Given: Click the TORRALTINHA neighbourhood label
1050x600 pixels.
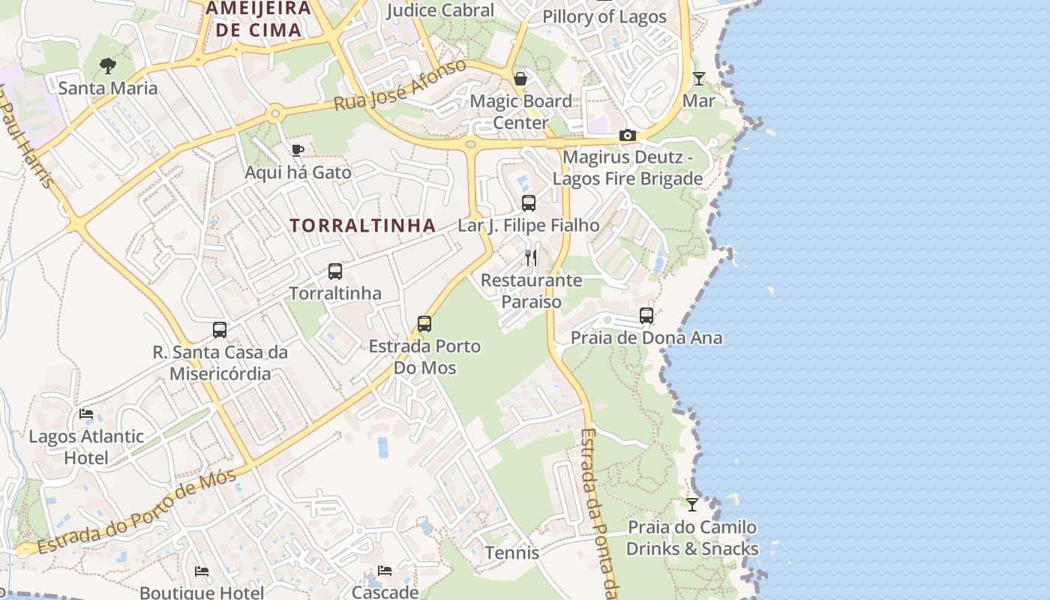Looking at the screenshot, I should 363,225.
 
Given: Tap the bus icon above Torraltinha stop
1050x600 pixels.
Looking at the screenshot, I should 335,271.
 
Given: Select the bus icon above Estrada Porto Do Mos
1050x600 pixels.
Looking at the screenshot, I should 424,324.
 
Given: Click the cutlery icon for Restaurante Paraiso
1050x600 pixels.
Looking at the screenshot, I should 531,258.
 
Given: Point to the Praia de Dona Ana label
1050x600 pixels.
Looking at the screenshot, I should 646,337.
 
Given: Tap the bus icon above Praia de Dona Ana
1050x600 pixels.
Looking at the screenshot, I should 646,316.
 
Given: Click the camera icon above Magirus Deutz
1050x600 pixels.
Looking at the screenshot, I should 628,136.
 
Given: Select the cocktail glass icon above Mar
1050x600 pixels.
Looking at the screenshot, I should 699,78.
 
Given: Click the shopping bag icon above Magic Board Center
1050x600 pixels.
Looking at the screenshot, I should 520,79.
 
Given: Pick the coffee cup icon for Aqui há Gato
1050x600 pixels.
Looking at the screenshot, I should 298,150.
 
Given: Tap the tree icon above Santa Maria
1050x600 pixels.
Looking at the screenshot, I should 108,66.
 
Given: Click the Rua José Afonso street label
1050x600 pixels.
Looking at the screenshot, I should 400,85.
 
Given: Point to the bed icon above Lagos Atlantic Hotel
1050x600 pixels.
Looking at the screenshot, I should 86,414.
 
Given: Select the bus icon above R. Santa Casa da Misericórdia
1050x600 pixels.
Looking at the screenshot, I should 220,330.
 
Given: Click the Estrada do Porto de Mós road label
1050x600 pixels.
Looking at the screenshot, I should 136,512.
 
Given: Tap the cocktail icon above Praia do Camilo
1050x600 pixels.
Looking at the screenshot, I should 692,505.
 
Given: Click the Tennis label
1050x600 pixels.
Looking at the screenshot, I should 512,553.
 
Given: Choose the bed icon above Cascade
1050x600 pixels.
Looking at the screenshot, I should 385,571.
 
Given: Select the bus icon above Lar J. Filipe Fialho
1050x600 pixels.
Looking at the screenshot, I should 529,203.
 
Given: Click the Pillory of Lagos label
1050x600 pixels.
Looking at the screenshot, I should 604,16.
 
